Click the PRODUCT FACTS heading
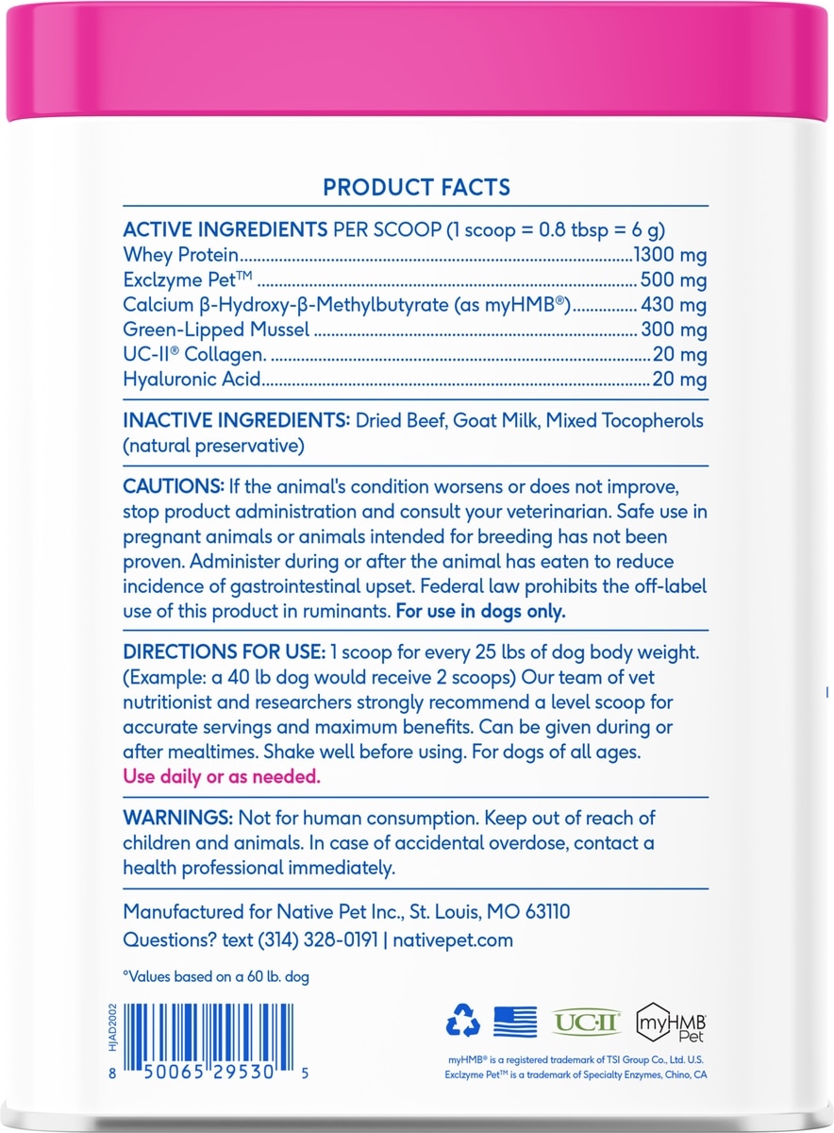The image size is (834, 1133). click(416, 187)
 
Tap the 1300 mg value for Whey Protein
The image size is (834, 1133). click(672, 256)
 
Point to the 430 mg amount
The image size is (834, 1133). click(676, 305)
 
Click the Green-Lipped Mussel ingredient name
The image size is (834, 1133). click(217, 330)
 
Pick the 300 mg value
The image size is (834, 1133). click(676, 330)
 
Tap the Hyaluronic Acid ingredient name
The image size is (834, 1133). click(192, 380)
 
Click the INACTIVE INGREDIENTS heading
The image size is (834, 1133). click(234, 420)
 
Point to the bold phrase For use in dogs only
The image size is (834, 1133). click(481, 611)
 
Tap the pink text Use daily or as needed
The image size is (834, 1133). click(223, 777)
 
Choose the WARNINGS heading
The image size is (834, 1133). click(178, 818)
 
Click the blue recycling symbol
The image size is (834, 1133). click(463, 1021)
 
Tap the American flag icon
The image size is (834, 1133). click(515, 1021)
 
